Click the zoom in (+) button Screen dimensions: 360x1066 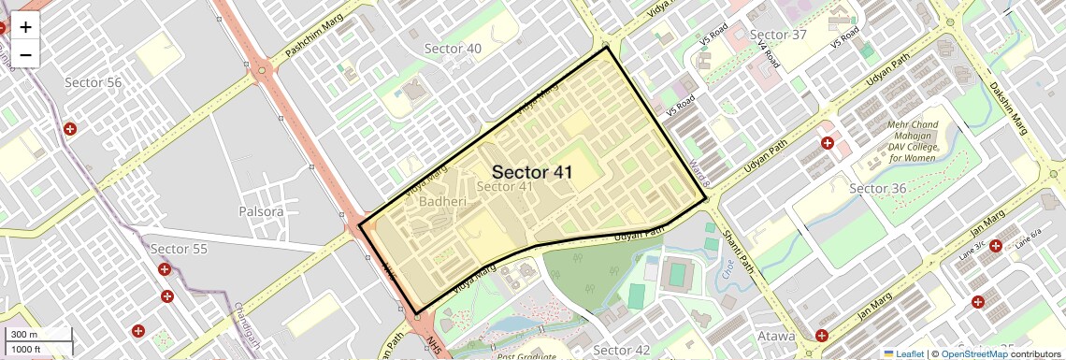pyautogui.click(x=25, y=27)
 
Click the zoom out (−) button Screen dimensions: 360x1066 pyautogui.click(x=25, y=55)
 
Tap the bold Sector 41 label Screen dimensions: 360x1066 pyautogui.click(x=531, y=172)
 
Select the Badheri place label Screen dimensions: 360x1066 pyautogui.click(x=442, y=201)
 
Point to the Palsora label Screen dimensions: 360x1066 pyautogui.click(x=261, y=211)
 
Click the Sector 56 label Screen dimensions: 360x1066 pyautogui.click(x=94, y=82)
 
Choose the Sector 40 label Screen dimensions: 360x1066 pyautogui.click(x=453, y=49)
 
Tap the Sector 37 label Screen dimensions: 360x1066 pyautogui.click(x=778, y=35)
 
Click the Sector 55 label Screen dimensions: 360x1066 pyautogui.click(x=179, y=249)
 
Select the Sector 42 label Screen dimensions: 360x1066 pyautogui.click(x=621, y=350)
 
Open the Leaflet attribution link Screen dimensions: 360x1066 pyautogui.click(x=903, y=353)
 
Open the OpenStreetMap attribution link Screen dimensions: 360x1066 pyautogui.click(x=973, y=353)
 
